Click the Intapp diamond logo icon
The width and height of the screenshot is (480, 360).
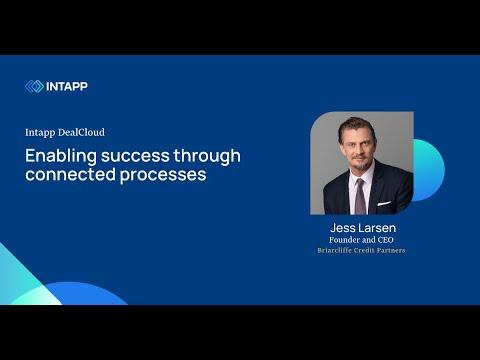click(x=34, y=86)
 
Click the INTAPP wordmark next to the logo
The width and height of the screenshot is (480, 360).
click(x=67, y=86)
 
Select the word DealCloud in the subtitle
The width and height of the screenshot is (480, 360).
click(x=81, y=132)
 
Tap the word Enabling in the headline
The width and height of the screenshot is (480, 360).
click(x=61, y=156)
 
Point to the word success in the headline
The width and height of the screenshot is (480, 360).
click(x=135, y=156)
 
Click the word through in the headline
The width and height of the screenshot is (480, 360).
click(x=207, y=156)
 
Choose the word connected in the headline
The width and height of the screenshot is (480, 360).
click(x=70, y=174)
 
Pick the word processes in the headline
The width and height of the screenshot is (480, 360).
click(x=163, y=175)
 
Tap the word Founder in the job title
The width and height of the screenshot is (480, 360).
click(x=344, y=240)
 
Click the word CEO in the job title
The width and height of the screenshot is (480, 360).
click(x=385, y=240)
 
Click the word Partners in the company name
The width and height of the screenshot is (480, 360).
click(x=391, y=250)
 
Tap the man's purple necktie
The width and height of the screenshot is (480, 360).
click(x=360, y=197)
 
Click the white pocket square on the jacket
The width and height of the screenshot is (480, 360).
click(x=384, y=203)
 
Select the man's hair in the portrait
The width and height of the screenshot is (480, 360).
click(x=357, y=126)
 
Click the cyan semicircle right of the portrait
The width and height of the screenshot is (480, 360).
click(x=429, y=170)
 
